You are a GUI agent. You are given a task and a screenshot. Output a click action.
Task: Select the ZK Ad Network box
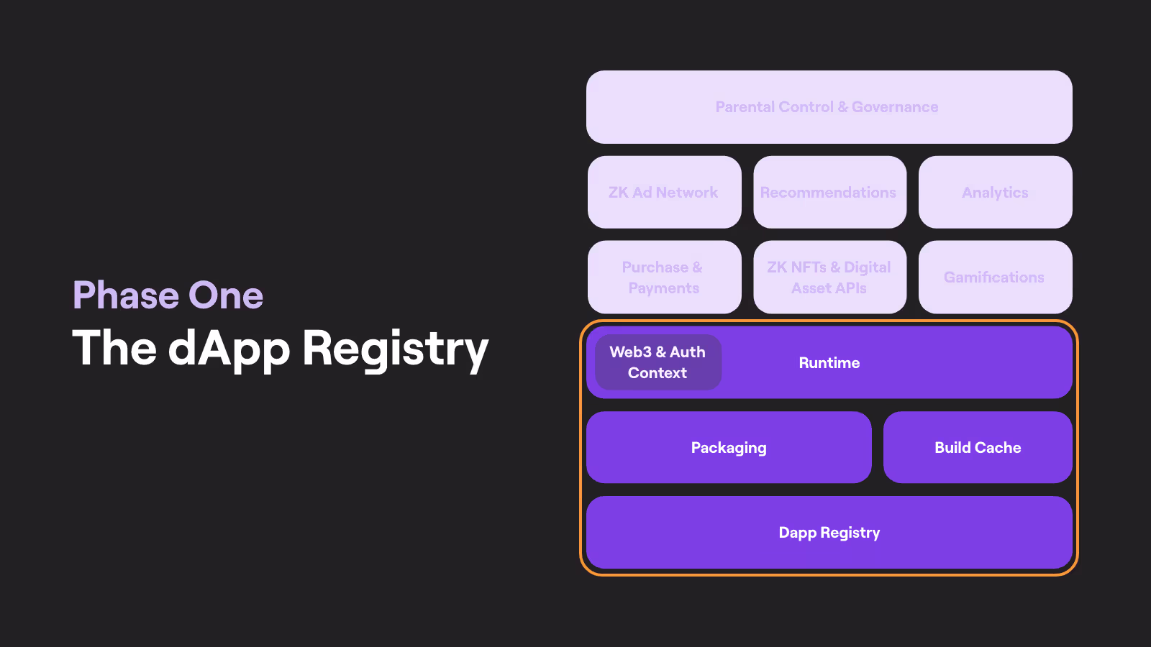(663, 193)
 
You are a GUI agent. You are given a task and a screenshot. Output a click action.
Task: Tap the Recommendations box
(829, 193)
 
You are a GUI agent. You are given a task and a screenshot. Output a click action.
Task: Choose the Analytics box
(995, 193)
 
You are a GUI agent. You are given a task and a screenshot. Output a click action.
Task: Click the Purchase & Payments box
(663, 277)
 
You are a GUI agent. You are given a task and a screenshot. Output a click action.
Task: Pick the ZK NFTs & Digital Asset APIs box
(829, 277)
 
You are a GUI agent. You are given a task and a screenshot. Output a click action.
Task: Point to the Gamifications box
(995, 277)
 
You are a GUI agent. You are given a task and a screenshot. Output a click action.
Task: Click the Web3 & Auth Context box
(658, 362)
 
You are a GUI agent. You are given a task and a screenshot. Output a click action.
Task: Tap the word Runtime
(829, 363)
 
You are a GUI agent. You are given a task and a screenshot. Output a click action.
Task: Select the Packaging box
(729, 448)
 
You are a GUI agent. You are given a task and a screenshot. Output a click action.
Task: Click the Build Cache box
(978, 448)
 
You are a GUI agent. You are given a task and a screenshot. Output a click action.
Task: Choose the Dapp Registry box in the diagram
(829, 533)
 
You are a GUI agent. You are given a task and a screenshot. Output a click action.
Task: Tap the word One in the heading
(226, 295)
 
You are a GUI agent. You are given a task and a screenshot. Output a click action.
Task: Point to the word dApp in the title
(229, 349)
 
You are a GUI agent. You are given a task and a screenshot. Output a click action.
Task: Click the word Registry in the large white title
(395, 349)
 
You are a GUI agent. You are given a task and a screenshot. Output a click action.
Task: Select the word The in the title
(114, 348)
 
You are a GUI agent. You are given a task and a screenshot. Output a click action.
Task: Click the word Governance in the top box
(895, 107)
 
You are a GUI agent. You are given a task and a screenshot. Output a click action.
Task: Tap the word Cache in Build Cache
(998, 448)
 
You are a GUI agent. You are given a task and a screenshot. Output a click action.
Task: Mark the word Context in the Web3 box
(658, 373)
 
